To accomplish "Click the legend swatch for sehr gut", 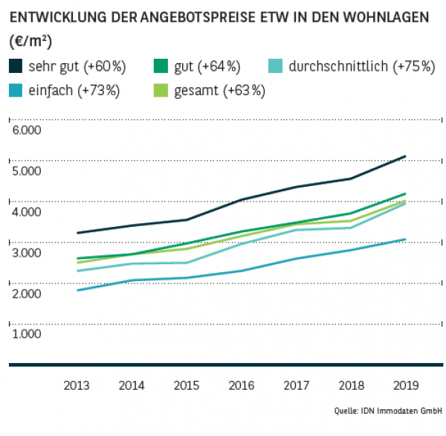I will point(16,66).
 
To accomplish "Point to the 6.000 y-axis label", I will point(27,130).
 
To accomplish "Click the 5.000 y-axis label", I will point(27,171).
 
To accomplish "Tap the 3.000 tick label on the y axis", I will point(27,253).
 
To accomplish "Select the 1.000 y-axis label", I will point(27,334).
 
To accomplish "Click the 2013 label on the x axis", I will point(77,386).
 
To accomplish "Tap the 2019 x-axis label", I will point(405,386).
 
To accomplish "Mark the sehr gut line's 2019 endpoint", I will point(405,156).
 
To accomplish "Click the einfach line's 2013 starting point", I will point(77,290).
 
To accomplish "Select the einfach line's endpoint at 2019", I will point(405,239).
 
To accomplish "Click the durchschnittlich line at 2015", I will point(187,263).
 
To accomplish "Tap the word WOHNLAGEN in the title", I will point(387,16).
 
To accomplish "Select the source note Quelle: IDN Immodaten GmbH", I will point(386,411).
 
